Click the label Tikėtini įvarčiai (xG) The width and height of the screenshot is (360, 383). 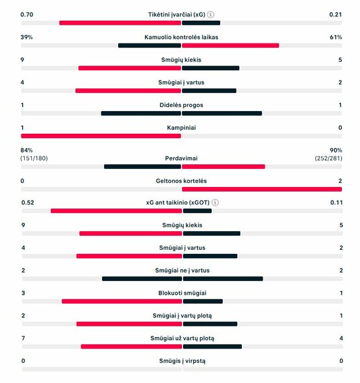click(x=177, y=14)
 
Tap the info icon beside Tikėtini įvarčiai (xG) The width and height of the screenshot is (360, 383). click(x=211, y=14)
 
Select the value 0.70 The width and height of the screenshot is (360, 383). click(x=27, y=14)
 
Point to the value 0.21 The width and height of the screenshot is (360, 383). click(x=335, y=14)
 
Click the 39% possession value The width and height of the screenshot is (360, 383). click(x=27, y=37)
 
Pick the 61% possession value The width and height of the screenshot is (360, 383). click(x=335, y=37)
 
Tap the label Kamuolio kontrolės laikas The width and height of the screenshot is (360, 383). click(x=181, y=37)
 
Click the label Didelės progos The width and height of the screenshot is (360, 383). click(x=181, y=105)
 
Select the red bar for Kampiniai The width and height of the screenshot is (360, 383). click(x=101, y=136)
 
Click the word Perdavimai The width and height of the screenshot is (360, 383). click(x=181, y=158)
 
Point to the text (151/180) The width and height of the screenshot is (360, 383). click(x=34, y=158)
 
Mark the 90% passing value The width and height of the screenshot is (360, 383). click(x=335, y=150)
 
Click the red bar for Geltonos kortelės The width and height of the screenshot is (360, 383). click(x=261, y=189)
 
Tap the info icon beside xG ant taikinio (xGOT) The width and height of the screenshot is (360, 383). click(x=215, y=203)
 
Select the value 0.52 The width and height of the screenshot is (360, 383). click(x=27, y=203)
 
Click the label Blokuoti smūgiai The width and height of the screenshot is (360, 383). click(x=181, y=293)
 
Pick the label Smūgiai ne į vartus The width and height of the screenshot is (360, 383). click(x=181, y=270)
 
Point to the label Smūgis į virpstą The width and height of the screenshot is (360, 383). click(x=181, y=361)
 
